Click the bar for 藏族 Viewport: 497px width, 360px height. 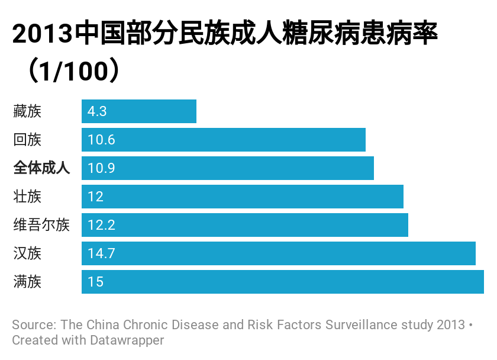[139, 111]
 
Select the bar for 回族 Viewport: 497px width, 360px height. [224, 140]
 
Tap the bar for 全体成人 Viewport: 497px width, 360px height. [228, 168]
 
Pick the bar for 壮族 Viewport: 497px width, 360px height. [243, 197]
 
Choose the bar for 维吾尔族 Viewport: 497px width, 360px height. [245, 225]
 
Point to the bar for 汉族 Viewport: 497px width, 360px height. [279, 253]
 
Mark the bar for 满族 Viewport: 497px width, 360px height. [283, 282]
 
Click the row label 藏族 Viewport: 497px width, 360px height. [27, 111]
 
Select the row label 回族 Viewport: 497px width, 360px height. [27, 140]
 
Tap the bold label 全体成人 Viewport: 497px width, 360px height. [41, 168]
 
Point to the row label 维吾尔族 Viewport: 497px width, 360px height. [41, 225]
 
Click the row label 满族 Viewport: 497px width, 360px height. [27, 282]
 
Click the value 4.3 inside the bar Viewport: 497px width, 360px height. [96, 111]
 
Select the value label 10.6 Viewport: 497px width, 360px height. [101, 140]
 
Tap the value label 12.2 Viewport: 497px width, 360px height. [101, 225]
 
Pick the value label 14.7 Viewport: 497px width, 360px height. [101, 253]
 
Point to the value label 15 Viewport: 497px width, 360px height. [95, 282]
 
